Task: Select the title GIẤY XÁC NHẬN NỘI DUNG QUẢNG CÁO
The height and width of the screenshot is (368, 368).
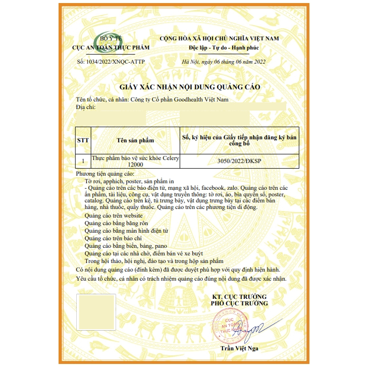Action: [189, 87]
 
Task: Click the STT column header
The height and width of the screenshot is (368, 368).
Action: [82, 140]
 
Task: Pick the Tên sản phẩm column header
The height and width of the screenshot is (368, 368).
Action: [135, 140]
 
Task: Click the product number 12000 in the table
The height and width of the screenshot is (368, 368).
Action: [135, 165]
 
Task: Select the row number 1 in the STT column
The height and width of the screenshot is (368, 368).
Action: [82, 162]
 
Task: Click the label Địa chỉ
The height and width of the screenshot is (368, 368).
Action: [85, 107]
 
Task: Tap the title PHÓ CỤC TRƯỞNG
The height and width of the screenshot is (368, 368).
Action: [239, 303]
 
